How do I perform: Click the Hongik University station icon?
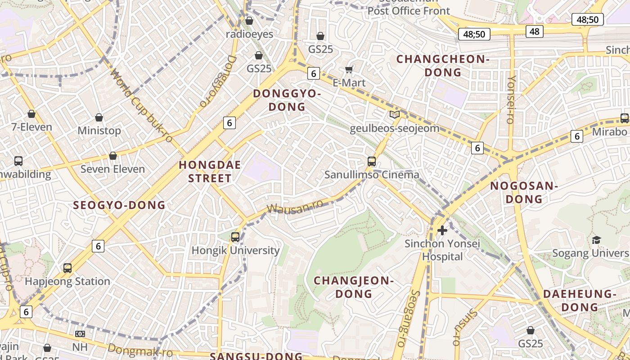235,237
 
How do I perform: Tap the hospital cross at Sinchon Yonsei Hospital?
442,230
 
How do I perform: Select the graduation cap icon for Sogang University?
596,240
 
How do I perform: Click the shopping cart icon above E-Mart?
349,69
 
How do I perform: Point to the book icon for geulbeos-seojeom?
395,115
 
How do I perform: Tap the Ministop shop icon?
99,117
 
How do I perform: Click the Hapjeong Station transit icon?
67,268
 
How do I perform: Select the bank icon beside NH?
80,334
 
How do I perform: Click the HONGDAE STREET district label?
210,171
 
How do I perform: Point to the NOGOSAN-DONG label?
524,192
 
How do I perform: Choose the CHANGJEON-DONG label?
354,287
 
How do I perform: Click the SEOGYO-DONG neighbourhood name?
119,205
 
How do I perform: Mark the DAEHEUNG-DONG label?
579,301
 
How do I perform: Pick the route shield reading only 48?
535,31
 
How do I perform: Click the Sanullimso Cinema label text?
372,175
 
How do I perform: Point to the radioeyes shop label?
249,34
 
